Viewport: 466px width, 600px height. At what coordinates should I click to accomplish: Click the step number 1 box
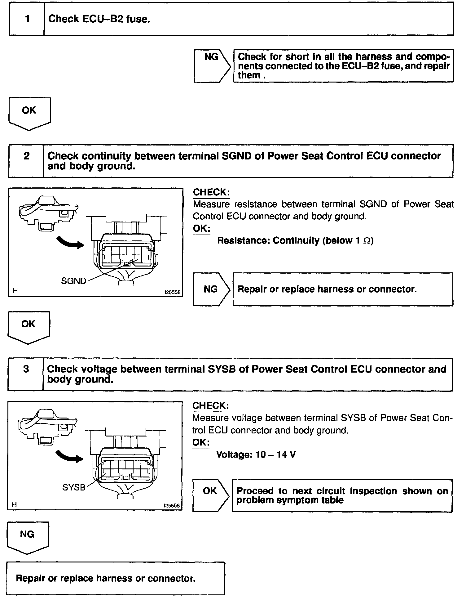27,19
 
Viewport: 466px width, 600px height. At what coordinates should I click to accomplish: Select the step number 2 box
26,161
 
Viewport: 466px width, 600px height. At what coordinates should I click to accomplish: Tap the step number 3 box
26,374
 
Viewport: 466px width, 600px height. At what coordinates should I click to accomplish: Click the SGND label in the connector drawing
73,281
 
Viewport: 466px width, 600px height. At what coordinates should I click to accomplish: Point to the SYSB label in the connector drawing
74,487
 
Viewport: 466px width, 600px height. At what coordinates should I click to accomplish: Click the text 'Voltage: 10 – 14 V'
256,455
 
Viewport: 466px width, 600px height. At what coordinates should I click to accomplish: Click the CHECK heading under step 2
211,192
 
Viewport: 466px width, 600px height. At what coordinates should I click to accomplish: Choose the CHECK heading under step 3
211,406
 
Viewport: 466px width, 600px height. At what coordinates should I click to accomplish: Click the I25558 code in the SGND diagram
172,292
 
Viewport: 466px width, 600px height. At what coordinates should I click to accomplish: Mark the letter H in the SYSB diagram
14,505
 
